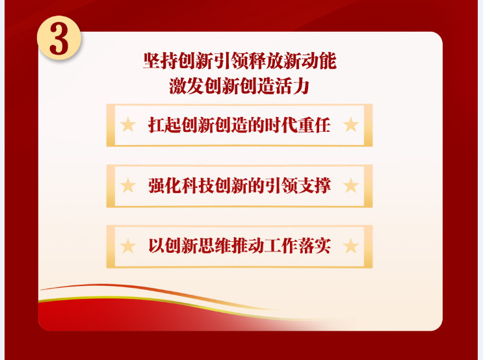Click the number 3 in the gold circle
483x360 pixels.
tap(59, 39)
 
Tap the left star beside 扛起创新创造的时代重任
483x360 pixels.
tap(128, 125)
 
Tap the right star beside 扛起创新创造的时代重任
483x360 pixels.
tap(350, 125)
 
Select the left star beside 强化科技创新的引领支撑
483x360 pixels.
tap(128, 185)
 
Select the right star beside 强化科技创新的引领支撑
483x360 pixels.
tap(350, 185)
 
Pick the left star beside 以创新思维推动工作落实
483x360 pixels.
tap(128, 246)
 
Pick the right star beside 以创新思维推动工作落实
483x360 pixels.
tap(350, 246)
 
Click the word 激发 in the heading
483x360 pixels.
tap(186, 86)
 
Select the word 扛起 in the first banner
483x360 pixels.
tap(164, 125)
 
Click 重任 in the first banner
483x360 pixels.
tap(314, 125)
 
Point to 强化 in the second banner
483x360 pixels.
tap(164, 185)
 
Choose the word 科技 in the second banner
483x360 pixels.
tap(198, 185)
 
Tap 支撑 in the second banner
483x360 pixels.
tap(314, 185)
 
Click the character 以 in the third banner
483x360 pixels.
tap(156, 246)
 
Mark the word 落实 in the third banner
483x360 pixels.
tap(314, 246)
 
